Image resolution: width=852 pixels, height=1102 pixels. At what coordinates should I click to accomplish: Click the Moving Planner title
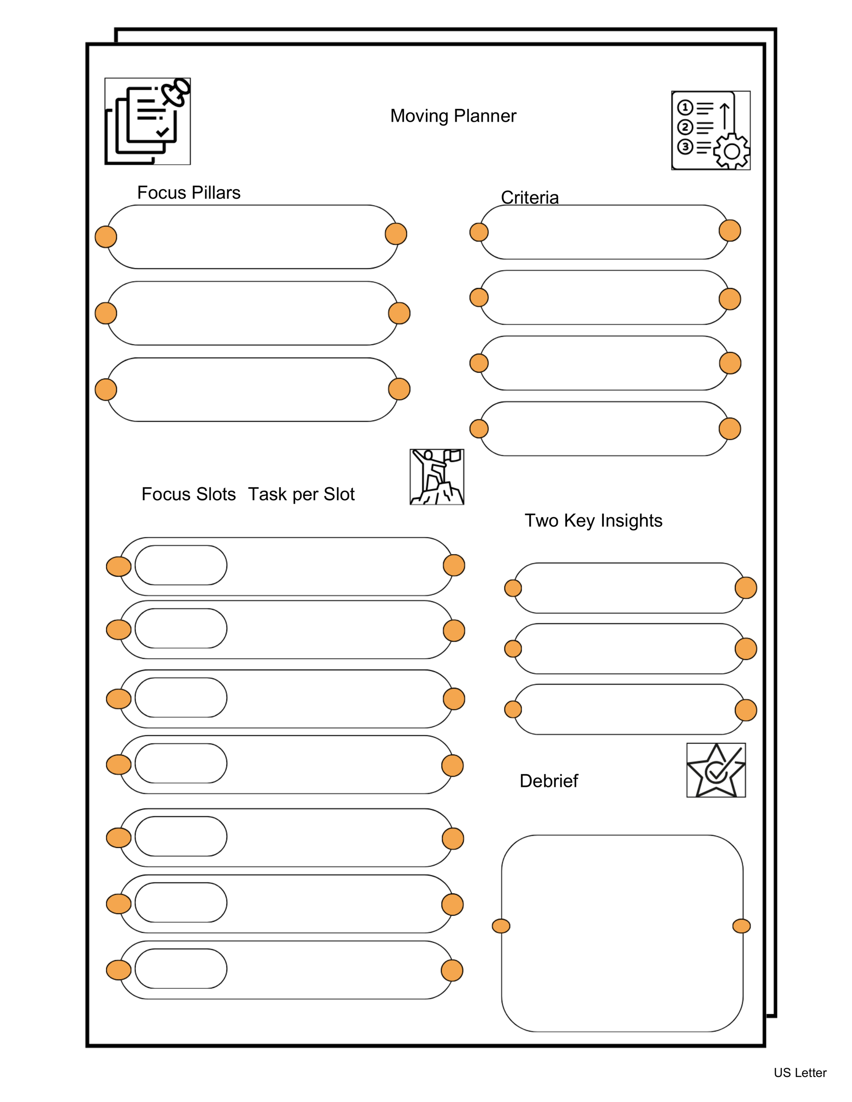pyautogui.click(x=453, y=116)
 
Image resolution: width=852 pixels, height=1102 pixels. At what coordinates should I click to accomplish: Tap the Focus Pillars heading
pyautogui.click(x=189, y=193)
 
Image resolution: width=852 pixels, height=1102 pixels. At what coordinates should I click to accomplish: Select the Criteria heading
pyautogui.click(x=529, y=197)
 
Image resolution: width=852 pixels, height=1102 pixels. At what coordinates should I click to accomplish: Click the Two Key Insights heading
pyautogui.click(x=593, y=520)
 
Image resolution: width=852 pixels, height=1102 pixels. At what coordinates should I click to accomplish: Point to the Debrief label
pyautogui.click(x=549, y=781)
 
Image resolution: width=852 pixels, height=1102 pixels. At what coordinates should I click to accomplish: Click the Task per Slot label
pyautogui.click(x=301, y=494)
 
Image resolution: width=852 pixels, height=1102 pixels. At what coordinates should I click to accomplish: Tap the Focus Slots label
pyautogui.click(x=188, y=494)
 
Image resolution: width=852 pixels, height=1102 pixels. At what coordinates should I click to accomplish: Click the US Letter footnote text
pyautogui.click(x=799, y=1073)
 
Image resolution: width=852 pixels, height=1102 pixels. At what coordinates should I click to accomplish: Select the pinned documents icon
pyautogui.click(x=148, y=121)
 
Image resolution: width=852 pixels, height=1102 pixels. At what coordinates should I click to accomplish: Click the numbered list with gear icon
pyautogui.click(x=710, y=130)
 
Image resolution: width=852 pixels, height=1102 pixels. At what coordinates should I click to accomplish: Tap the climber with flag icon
pyautogui.click(x=437, y=477)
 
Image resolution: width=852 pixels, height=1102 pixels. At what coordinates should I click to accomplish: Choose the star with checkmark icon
pyautogui.click(x=716, y=770)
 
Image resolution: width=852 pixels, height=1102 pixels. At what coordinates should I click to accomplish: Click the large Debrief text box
pyautogui.click(x=622, y=934)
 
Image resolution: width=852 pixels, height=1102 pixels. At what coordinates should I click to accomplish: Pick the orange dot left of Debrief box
pyautogui.click(x=501, y=926)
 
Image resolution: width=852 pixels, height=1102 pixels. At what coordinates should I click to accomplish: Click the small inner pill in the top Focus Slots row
pyautogui.click(x=181, y=565)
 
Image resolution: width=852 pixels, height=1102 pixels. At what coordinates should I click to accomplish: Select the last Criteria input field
pyautogui.click(x=604, y=429)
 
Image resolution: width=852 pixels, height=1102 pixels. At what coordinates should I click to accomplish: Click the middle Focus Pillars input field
pyautogui.click(x=252, y=313)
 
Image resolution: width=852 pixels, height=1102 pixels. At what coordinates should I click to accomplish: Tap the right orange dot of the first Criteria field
pyautogui.click(x=729, y=231)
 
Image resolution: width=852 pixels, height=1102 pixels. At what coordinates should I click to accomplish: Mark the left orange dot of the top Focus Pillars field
pyautogui.click(x=106, y=237)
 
